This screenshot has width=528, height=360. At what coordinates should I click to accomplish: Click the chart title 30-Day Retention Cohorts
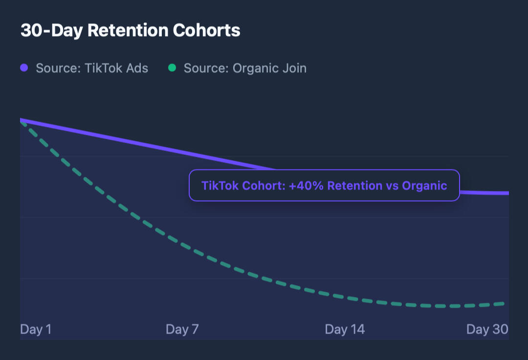click(x=130, y=30)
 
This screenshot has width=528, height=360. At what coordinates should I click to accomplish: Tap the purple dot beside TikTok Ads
click(x=24, y=68)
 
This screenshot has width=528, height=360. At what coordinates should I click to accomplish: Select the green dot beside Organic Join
click(x=172, y=68)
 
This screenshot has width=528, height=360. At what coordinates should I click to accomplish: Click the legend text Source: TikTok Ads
click(x=92, y=68)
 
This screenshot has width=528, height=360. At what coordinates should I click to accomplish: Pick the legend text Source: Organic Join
click(x=245, y=68)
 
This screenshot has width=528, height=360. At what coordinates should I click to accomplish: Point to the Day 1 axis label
click(x=36, y=329)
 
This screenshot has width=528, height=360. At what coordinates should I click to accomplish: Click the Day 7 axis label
click(x=182, y=329)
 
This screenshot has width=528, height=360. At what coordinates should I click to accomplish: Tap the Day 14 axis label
click(x=345, y=329)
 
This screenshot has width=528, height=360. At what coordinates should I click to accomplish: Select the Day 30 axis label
click(x=487, y=329)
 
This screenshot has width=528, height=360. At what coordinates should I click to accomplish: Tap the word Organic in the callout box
click(x=424, y=186)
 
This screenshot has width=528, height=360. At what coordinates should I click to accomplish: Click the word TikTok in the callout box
click(x=217, y=186)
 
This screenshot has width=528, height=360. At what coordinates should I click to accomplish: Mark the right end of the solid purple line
click(x=507, y=193)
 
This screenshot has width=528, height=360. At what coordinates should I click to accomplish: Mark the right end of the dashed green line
click(x=504, y=304)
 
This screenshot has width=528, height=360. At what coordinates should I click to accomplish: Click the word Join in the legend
click(x=294, y=68)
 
